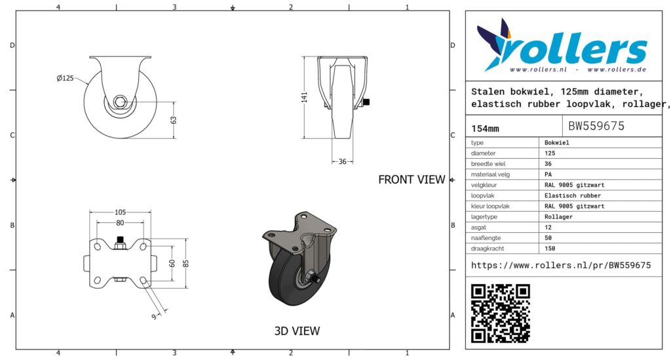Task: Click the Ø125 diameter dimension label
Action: tap(65, 78)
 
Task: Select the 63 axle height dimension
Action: tap(174, 120)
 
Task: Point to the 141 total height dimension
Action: tap(304, 97)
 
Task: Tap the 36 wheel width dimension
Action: tap(342, 162)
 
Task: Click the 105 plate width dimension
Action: tap(121, 212)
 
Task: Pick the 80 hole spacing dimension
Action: tap(120, 223)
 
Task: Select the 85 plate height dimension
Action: tap(185, 263)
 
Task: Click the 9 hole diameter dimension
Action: tap(154, 317)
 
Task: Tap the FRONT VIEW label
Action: tap(412, 180)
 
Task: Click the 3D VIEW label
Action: tap(297, 331)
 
